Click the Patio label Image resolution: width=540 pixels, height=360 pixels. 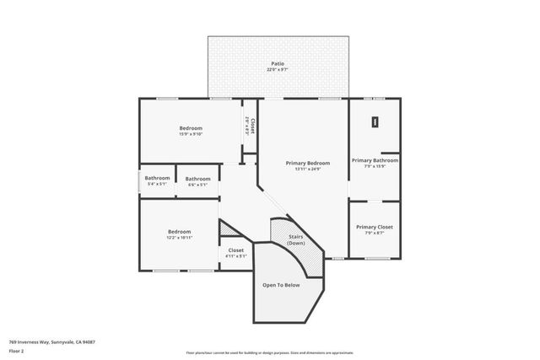[278, 63]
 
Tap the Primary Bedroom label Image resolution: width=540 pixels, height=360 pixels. [307, 163]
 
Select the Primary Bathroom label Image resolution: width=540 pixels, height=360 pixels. [375, 160]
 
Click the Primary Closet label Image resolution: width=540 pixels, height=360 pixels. [374, 227]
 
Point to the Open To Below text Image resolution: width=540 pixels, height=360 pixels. [281, 285]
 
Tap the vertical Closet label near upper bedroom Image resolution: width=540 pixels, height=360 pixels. [252, 126]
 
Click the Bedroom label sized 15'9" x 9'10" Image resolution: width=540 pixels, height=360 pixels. [191, 128]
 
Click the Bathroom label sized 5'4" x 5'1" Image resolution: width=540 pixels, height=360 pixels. [157, 178]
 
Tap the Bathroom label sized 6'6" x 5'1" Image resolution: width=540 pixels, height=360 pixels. [198, 178]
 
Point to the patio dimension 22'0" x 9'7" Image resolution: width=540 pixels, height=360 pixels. [278, 70]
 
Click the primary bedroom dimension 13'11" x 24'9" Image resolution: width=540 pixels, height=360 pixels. [307, 169]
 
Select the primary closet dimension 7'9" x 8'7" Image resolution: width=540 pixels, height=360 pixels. [374, 234]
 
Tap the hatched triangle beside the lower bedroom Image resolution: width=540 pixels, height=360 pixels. [229, 228]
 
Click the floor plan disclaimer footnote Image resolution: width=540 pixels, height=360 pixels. [269, 352]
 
